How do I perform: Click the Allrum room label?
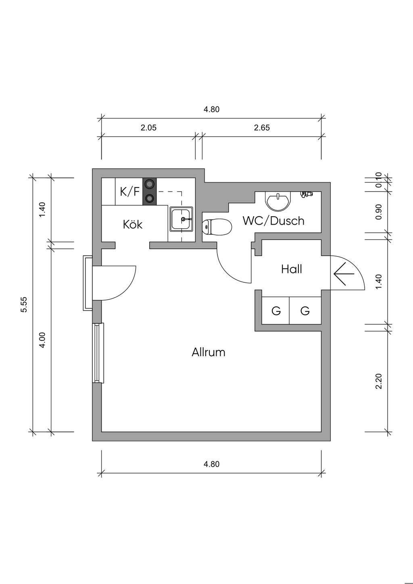209,352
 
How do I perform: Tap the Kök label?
133,224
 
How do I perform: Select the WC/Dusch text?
273,221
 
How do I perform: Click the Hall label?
292,269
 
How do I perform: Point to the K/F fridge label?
129,192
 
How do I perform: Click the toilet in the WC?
217,227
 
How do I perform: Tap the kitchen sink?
181,219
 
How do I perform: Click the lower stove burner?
150,198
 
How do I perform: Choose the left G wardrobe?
276,311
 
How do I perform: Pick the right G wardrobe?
305,311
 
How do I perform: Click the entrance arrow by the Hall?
344,274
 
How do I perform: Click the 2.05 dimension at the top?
148,128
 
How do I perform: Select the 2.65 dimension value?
262,128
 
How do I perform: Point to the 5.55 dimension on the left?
24,305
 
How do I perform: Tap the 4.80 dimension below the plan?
211,464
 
